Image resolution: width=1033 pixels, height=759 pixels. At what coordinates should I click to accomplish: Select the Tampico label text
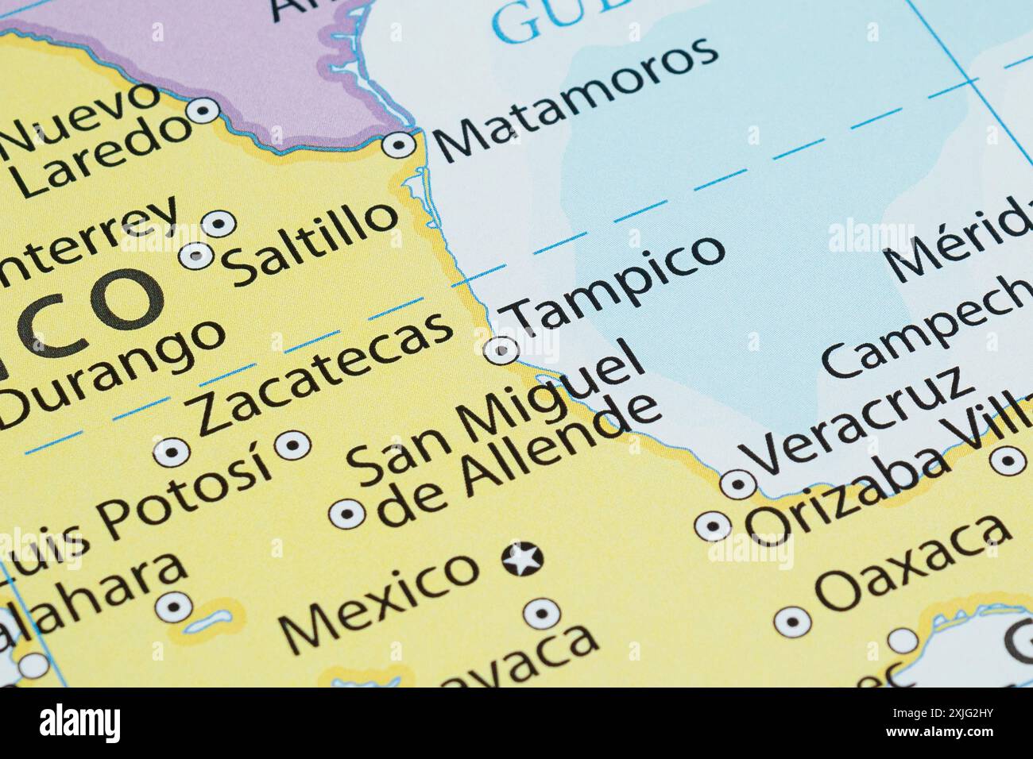tap(617, 283)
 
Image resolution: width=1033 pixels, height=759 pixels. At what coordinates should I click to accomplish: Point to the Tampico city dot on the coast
tap(501, 349)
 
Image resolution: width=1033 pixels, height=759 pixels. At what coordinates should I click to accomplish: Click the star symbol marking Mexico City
tap(522, 560)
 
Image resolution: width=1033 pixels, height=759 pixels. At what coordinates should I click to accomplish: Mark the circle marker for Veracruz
tap(737, 483)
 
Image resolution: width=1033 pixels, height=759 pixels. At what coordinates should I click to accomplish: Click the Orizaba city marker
tap(713, 526)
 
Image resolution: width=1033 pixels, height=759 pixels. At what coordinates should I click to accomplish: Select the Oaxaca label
tap(914, 564)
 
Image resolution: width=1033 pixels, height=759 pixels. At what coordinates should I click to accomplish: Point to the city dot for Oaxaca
tap(792, 622)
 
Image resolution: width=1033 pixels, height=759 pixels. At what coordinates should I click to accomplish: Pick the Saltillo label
tap(311, 243)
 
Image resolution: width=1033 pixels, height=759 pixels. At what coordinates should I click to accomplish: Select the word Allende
tap(520, 461)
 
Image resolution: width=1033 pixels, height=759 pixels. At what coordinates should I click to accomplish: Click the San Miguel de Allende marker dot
tap(347, 514)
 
